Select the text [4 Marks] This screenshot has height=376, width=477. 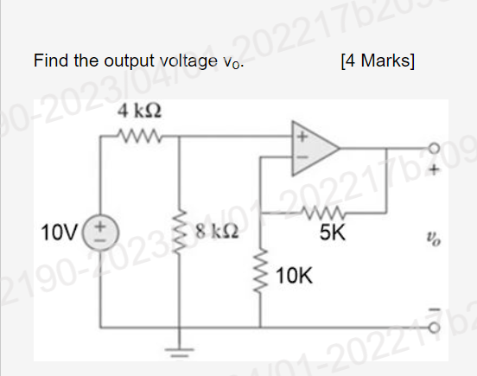click(x=378, y=61)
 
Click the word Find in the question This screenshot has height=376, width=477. click(x=50, y=61)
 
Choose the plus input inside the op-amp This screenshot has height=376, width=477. click(x=303, y=137)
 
